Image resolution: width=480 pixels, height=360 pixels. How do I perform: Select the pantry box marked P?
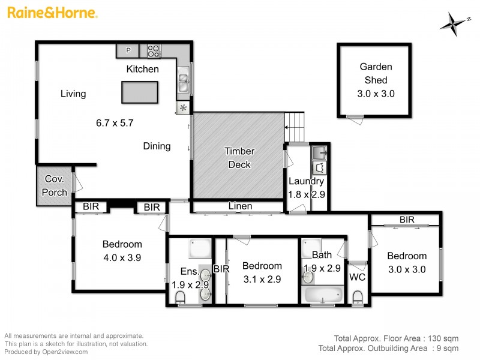(128, 50)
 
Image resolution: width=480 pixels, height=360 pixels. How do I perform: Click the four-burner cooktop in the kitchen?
(154, 51)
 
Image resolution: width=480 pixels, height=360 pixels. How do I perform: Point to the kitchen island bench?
(139, 92)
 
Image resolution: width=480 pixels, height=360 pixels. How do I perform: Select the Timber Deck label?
(239, 158)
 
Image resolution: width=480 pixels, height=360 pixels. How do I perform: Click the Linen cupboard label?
(240, 206)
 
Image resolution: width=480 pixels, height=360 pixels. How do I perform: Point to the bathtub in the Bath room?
(323, 295)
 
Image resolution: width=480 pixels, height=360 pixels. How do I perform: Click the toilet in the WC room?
(358, 297)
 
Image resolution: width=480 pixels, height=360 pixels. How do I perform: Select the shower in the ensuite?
(197, 248)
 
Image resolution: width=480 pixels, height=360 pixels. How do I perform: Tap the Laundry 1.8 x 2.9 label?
(306, 187)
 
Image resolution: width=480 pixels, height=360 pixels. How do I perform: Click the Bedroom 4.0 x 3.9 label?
(122, 250)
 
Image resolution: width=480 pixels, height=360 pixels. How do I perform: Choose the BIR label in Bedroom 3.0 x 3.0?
(407, 220)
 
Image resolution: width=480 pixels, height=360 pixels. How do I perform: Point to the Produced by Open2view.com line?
(46, 352)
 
